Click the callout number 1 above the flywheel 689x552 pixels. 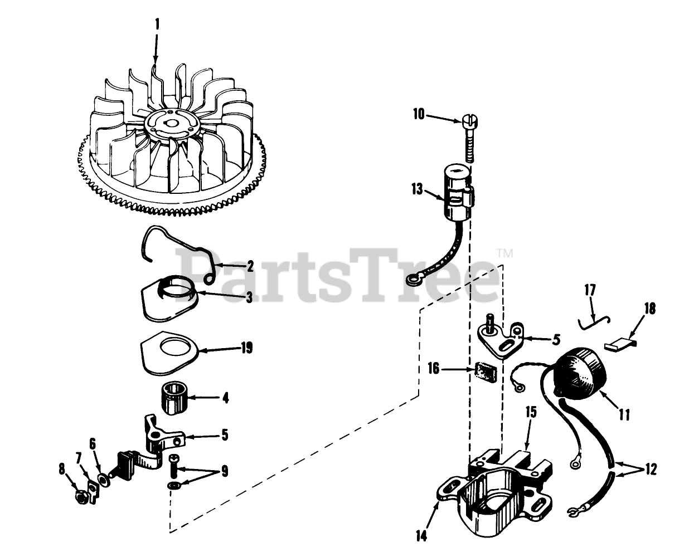click(157, 24)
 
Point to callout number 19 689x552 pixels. click(246, 349)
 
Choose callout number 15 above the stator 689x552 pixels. click(531, 413)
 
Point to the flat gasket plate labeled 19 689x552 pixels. click(170, 355)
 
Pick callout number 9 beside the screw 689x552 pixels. click(224, 471)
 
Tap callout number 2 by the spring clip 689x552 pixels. click(250, 266)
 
